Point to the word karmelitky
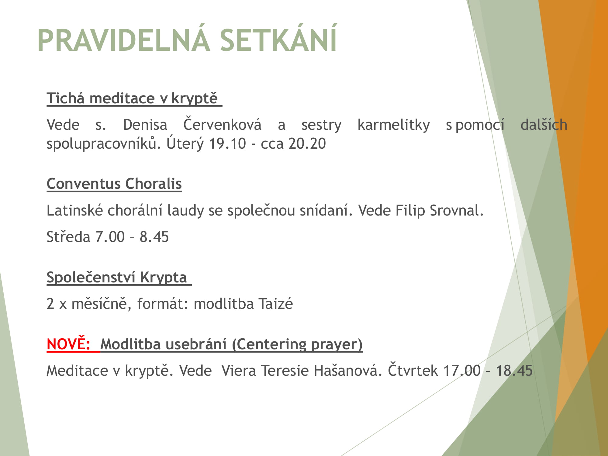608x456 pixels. [x=394, y=125]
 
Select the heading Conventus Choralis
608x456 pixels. [x=114, y=184]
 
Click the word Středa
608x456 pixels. [x=68, y=237]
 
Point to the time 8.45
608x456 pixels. [x=154, y=237]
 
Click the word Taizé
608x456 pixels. [x=275, y=303]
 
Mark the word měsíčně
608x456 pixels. [x=99, y=303]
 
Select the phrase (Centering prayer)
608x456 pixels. [x=297, y=344]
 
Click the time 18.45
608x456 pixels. [x=514, y=371]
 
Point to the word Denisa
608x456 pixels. [x=145, y=125]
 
